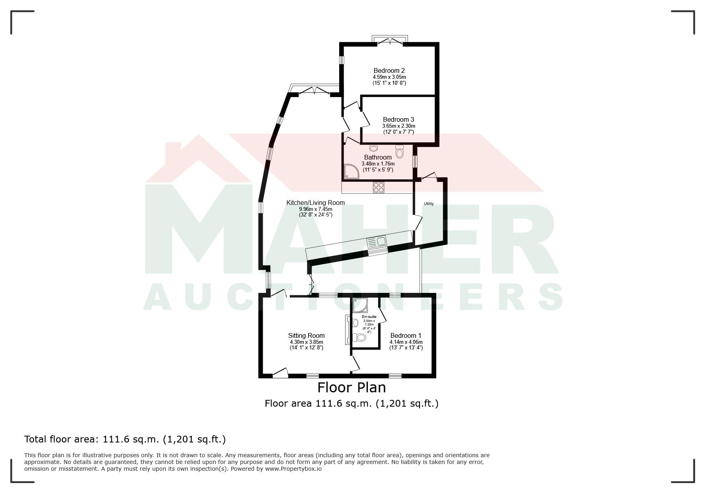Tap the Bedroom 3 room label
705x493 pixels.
[x=398, y=119]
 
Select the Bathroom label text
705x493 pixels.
[x=378, y=157]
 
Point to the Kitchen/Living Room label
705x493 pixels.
[x=316, y=203]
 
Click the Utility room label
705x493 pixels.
[x=429, y=204]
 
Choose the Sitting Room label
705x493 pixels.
[x=307, y=335]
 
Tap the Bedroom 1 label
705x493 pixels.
[x=406, y=335]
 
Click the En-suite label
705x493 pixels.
[x=369, y=317]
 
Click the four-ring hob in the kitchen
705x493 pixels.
[x=379, y=187]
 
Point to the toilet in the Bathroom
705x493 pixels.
[x=400, y=152]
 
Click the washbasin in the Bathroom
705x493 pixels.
[x=373, y=148]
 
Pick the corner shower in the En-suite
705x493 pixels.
[x=360, y=306]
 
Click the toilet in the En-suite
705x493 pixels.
[x=359, y=338]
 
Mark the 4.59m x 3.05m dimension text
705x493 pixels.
[x=389, y=77]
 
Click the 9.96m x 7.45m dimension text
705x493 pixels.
[x=316, y=209]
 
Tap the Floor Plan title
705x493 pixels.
[x=352, y=387]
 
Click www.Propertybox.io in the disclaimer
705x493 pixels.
[x=293, y=469]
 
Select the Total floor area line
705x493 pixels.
[x=125, y=439]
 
